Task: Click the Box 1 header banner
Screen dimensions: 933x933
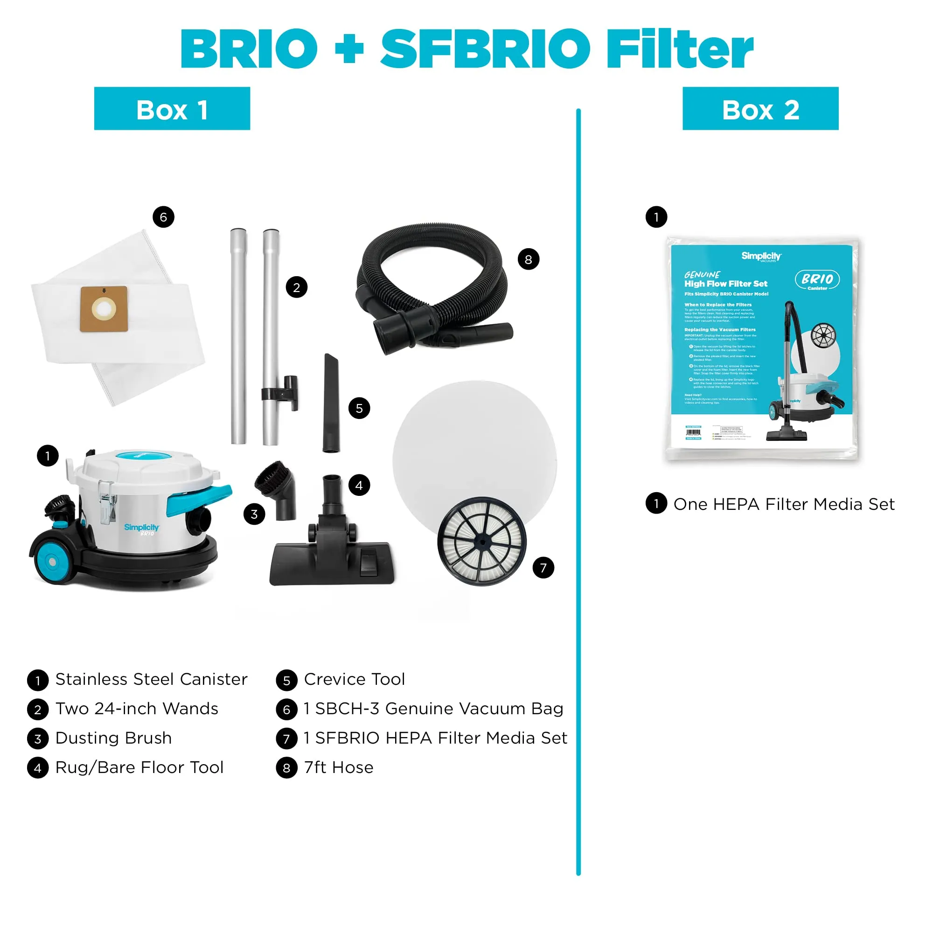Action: [x=172, y=109]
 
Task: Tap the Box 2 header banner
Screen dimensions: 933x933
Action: [x=760, y=109]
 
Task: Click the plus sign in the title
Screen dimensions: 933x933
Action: [x=348, y=49]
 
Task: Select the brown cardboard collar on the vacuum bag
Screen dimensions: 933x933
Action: [x=104, y=309]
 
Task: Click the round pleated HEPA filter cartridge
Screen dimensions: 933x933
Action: [x=481, y=541]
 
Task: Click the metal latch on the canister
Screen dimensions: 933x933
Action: [x=107, y=502]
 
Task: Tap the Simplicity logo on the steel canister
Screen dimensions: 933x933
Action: [x=141, y=528]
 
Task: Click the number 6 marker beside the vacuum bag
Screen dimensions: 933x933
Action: [x=163, y=217]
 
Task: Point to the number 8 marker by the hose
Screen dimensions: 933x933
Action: [x=529, y=259]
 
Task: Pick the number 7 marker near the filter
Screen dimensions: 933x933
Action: [x=543, y=567]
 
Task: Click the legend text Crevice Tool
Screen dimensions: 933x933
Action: [x=354, y=679]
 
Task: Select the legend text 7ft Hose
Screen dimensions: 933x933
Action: [x=339, y=767]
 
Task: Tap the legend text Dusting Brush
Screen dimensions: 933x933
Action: [x=113, y=738]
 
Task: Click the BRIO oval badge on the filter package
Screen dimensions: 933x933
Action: [x=817, y=279]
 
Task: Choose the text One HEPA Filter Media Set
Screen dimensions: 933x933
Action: [x=784, y=504]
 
